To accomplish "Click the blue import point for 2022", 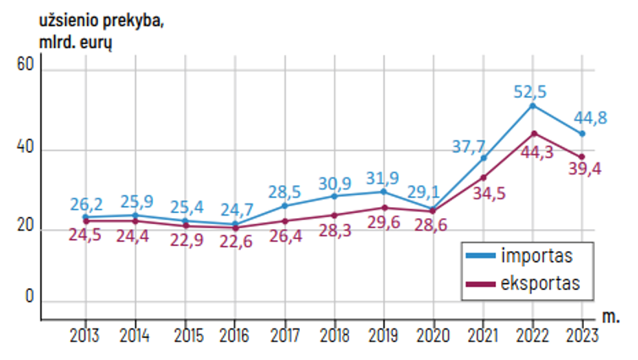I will coord(532,106).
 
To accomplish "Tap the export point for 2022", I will coord(532,133).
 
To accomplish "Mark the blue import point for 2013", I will coord(86,217).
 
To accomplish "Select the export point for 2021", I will coord(483,177).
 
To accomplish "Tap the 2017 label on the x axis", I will coord(285,335).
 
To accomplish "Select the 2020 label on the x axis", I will coord(434,335).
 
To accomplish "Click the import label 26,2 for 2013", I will coord(86,203).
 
